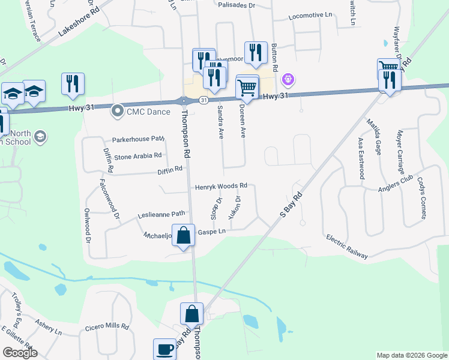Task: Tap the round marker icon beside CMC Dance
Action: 118,110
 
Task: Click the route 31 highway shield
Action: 204,100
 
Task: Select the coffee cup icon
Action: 164,349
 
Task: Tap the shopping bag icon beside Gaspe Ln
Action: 184,234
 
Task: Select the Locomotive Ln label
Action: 310,16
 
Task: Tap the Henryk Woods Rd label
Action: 221,187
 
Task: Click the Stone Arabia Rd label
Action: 139,156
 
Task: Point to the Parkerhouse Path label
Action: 138,139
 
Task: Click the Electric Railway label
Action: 347,247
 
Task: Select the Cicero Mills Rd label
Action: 107,328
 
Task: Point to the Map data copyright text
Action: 411,355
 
